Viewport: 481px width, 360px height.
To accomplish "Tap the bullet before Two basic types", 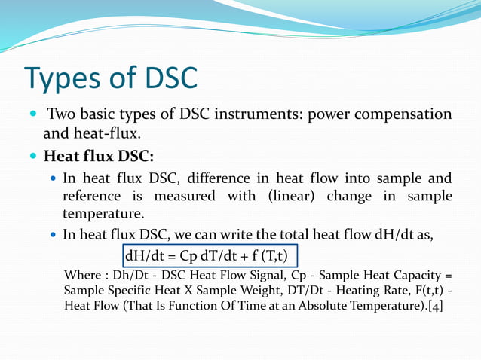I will (31, 115).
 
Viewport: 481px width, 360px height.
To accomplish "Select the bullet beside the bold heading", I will (31, 157).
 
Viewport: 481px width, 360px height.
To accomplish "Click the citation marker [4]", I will (436, 306).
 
